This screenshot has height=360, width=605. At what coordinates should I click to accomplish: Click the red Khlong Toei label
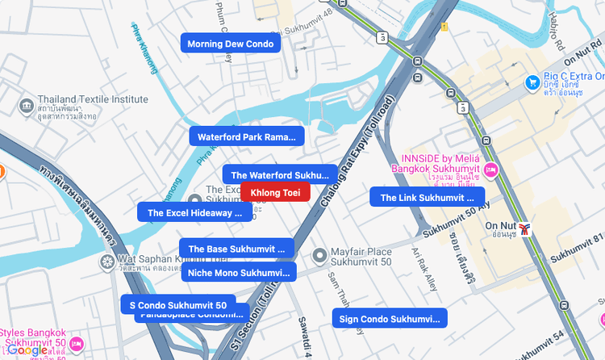275,192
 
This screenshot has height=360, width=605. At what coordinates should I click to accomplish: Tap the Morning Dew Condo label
230,44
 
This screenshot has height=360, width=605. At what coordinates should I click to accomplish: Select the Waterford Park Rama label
246,136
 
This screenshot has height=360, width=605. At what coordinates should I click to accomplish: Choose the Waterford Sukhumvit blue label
280,174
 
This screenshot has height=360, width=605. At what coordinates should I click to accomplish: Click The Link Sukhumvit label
427,197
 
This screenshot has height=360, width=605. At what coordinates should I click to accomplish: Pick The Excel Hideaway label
194,212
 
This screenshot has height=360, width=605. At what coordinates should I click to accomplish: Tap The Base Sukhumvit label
236,249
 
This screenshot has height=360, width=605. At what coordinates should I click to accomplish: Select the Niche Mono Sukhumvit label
238,272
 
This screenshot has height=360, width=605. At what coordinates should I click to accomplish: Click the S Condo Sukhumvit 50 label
178,305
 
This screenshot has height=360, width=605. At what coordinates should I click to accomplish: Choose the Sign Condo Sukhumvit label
390,319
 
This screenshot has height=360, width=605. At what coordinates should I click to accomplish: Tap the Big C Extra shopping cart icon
532,82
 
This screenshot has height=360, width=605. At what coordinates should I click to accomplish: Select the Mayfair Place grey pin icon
319,256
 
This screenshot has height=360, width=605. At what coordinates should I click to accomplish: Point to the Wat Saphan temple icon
106,262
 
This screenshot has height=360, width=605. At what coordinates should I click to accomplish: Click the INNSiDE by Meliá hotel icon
491,170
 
